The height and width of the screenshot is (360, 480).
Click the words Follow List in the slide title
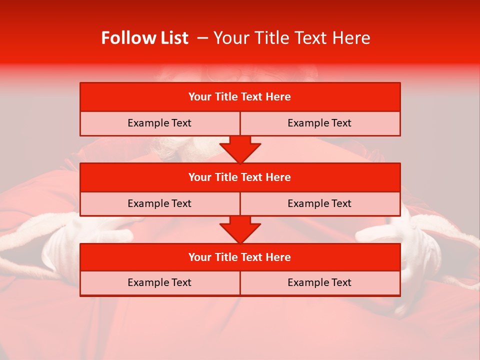pos(144,38)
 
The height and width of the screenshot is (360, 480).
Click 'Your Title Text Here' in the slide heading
pos(291,38)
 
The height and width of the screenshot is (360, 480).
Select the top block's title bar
pos(239,97)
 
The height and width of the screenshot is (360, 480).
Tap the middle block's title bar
pos(239,177)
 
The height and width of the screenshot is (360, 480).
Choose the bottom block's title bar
pos(239,257)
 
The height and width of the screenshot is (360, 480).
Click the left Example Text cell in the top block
pos(159,123)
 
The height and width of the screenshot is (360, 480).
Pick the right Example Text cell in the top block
pos(319,123)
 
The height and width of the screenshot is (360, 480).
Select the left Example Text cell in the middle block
pos(159,203)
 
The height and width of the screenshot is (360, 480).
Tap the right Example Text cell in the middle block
pos(319,203)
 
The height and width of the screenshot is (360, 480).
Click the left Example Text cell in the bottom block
pos(159,282)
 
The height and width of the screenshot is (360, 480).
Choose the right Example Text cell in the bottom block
pos(319,282)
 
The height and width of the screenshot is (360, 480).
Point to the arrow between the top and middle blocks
pos(240,149)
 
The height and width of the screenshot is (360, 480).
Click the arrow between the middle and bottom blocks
pos(240,230)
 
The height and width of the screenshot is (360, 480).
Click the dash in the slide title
pos(202,38)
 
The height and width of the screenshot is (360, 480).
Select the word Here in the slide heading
pos(352,38)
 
